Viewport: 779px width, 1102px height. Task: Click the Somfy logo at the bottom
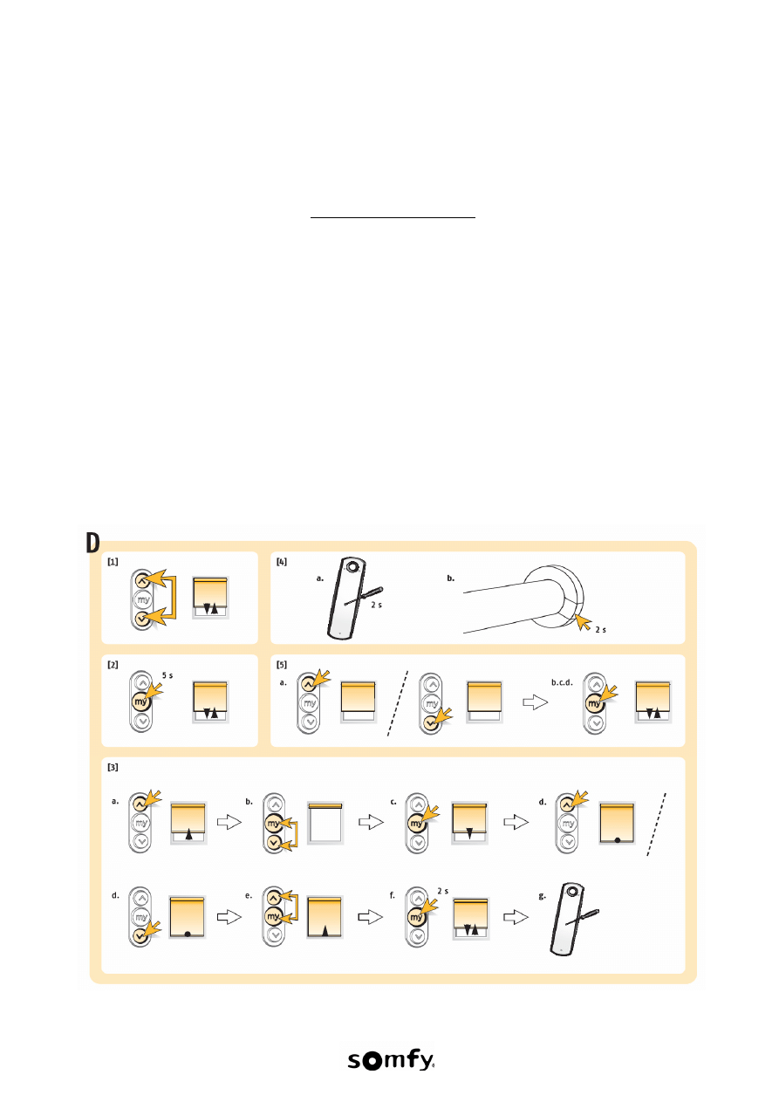391,1060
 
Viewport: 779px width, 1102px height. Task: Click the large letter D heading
92,543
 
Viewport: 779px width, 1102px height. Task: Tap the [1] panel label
113,562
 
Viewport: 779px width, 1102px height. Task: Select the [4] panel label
282,562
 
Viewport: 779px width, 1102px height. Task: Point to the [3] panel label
113,768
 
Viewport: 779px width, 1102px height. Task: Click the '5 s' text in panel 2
167,675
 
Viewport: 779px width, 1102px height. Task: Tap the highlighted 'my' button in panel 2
141,702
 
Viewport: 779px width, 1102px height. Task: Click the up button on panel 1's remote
141,580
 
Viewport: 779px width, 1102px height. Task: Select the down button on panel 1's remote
141,619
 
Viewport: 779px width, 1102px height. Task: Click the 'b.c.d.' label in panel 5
562,682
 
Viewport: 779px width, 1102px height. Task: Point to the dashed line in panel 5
398,703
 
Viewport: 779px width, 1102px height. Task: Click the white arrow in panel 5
535,702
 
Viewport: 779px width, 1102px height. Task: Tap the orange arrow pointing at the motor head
584,622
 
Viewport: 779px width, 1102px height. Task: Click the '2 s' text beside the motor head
601,630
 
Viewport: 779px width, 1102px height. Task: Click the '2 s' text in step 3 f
443,891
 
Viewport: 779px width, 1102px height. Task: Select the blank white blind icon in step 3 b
325,823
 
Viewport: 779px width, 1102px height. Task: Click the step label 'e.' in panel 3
249,895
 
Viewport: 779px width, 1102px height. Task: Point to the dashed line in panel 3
657,825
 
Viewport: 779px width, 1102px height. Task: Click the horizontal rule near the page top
393,217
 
